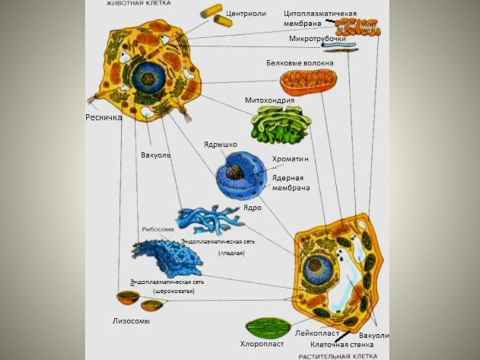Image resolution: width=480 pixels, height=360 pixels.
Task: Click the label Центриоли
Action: point(246,13)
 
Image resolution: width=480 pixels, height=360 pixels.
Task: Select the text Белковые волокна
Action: point(300,62)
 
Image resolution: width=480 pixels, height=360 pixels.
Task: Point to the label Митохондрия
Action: point(269,100)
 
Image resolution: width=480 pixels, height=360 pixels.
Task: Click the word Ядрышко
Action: point(220,145)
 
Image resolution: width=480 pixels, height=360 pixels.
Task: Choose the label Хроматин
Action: point(290,159)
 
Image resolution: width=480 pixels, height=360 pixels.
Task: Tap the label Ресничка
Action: point(103,118)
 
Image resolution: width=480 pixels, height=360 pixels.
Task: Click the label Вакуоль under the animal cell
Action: point(156,155)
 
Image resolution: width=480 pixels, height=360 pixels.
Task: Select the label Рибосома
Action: point(158,229)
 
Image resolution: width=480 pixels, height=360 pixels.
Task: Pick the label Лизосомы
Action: point(131,321)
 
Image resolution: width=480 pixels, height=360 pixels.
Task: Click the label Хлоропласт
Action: point(262,344)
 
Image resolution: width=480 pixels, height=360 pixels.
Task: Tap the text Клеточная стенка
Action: point(342,345)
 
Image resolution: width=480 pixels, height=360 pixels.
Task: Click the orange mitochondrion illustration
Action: point(309,83)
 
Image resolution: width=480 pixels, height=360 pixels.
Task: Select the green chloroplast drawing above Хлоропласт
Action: point(268,328)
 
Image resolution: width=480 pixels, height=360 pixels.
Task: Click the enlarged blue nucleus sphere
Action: point(240,175)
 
